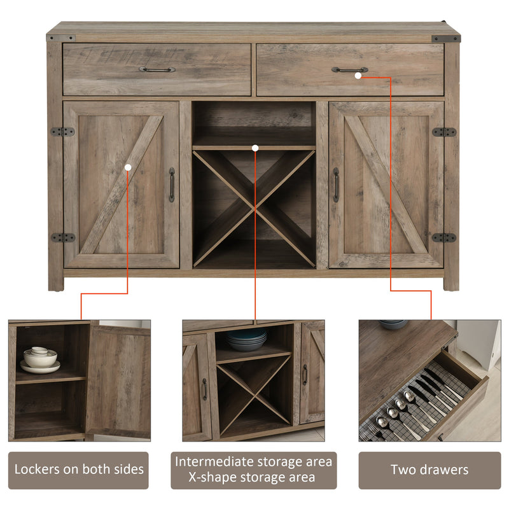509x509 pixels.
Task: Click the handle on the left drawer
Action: pyautogui.click(x=157, y=69)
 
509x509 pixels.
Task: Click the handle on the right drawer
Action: pyautogui.click(x=349, y=69)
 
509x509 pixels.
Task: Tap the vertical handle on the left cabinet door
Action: pyautogui.click(x=172, y=185)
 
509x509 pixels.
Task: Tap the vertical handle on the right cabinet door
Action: pyautogui.click(x=336, y=185)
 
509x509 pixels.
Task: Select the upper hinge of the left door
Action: pyautogui.click(x=62, y=132)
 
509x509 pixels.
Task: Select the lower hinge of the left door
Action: pyautogui.click(x=63, y=237)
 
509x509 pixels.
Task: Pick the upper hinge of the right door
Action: pyautogui.click(x=444, y=132)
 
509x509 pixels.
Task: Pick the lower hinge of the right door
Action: pyautogui.click(x=444, y=237)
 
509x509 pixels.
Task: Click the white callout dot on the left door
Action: pyautogui.click(x=128, y=167)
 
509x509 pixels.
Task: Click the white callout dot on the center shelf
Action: pyautogui.click(x=255, y=148)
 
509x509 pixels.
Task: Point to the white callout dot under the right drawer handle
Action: pyautogui.click(x=358, y=76)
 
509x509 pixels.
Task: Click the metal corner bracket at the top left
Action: pyautogui.click(x=61, y=38)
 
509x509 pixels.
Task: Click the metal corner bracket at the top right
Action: pyautogui.click(x=446, y=39)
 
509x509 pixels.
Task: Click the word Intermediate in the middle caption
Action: pyautogui.click(x=214, y=462)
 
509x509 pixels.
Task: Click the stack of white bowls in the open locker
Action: pyautogui.click(x=40, y=359)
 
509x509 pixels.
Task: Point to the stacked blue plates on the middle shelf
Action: pyautogui.click(x=247, y=340)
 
